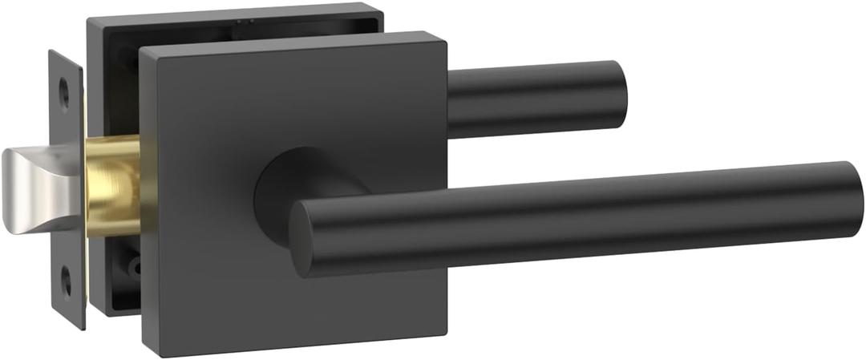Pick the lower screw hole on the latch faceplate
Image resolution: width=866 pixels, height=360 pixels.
66,281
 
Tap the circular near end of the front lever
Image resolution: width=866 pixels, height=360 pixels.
303,239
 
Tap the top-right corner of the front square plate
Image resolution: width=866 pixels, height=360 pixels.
443,34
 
